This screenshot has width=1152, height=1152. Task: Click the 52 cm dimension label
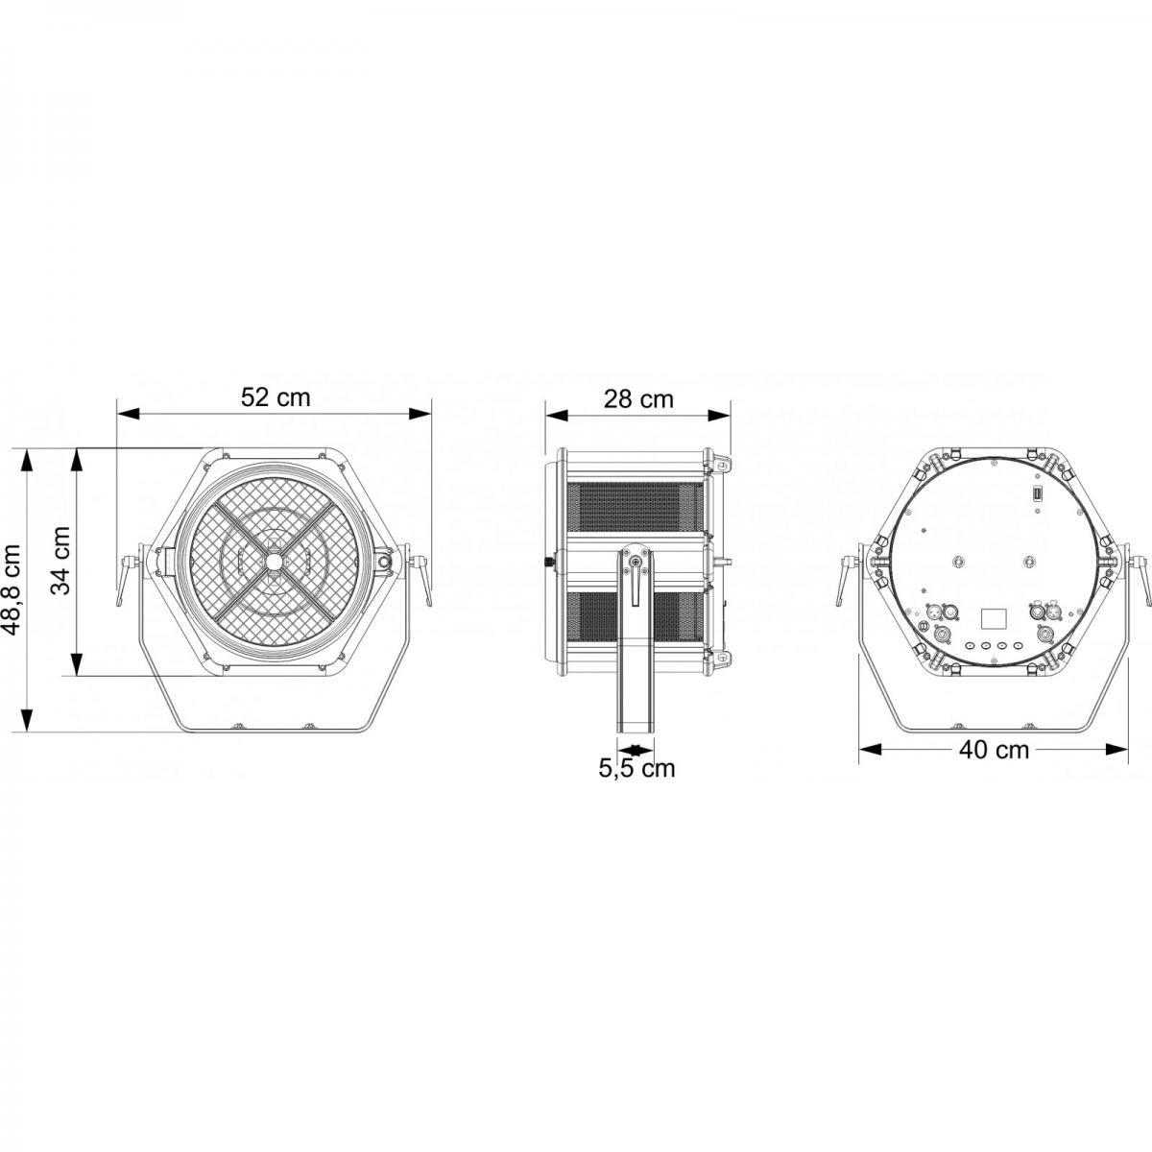(x=276, y=397)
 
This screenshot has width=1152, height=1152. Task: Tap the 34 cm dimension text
(x=61, y=562)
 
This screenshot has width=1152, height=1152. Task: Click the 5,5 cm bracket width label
(x=636, y=768)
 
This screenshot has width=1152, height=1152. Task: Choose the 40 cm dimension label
(x=994, y=749)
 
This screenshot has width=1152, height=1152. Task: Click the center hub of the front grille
(x=276, y=562)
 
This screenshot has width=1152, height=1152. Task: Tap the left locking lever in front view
(x=128, y=576)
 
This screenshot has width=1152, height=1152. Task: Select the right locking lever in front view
(x=420, y=576)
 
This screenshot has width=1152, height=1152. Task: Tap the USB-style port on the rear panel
(x=1037, y=493)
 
